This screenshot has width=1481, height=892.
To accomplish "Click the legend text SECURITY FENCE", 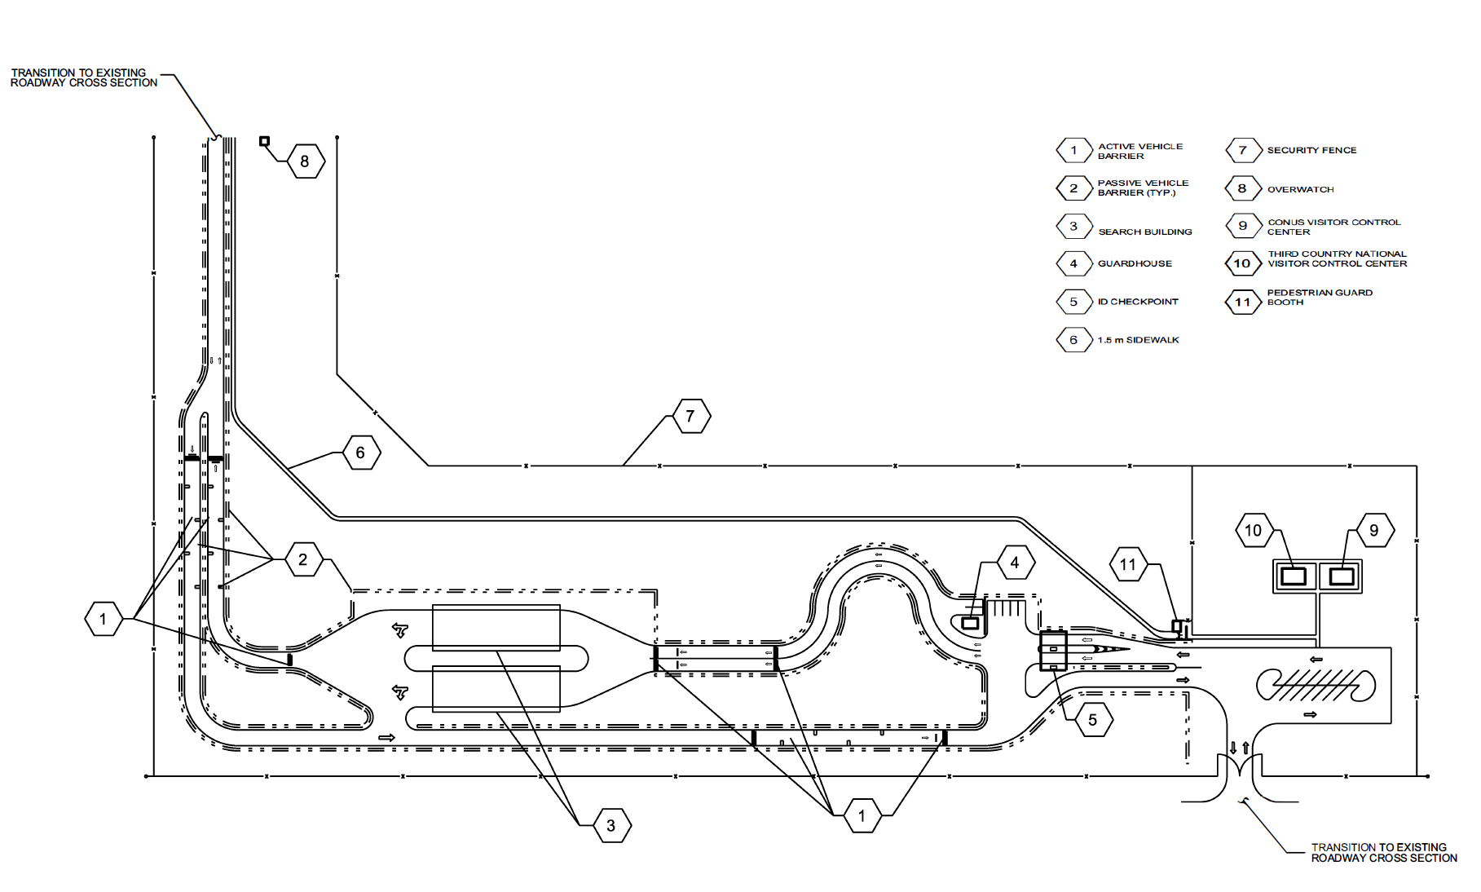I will point(1311,150).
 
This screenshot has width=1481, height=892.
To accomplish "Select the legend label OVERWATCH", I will point(1300,189).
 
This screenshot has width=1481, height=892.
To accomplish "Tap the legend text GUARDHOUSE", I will point(1135,263).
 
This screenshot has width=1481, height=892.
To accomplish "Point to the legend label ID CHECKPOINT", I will point(1137,302).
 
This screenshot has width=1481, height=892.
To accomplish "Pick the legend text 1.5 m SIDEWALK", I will point(1138,340).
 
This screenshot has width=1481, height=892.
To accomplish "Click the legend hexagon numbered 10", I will point(1242,263).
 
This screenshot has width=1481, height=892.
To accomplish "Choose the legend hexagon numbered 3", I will point(1073,227).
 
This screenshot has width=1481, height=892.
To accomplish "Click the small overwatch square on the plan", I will point(264,141).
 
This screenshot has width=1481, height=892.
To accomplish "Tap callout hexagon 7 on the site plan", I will point(690,417).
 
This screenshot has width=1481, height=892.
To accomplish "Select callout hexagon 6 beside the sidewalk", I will point(360,453).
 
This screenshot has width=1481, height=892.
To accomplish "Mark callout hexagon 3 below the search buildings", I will point(611,826).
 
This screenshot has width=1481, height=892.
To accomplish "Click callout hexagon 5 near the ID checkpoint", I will point(1092,720).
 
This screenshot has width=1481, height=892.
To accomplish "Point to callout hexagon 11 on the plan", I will point(1127,564).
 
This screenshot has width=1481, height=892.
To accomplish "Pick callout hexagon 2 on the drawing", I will point(303,559).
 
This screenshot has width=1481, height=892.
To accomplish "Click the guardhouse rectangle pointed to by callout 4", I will point(970,623).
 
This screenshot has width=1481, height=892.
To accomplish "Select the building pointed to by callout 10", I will point(1294,576).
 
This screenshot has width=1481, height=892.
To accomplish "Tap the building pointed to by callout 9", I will point(1341,576).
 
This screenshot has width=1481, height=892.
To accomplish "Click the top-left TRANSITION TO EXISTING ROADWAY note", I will point(83,77).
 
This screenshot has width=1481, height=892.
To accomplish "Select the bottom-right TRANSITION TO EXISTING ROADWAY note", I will point(1383,852).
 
